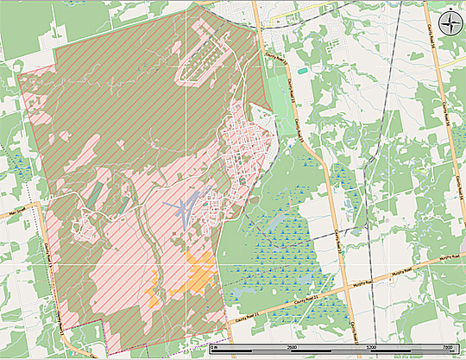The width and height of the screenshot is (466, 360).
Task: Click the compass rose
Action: (x=450, y=23)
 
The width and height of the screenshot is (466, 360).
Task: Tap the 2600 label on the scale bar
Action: (x=293, y=347)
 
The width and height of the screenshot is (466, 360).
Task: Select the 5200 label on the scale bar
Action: (x=371, y=347)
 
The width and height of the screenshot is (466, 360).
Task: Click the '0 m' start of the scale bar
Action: (x=214, y=347)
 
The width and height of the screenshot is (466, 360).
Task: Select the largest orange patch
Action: (x=200, y=275)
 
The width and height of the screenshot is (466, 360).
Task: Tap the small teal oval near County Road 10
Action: (x=300, y=70)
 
